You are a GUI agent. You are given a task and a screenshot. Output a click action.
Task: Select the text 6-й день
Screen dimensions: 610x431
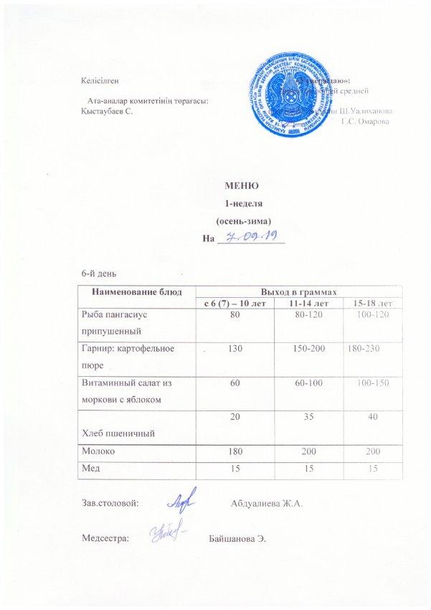(x=99, y=273)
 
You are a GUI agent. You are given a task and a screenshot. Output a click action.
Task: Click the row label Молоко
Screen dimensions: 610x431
(x=98, y=452)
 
